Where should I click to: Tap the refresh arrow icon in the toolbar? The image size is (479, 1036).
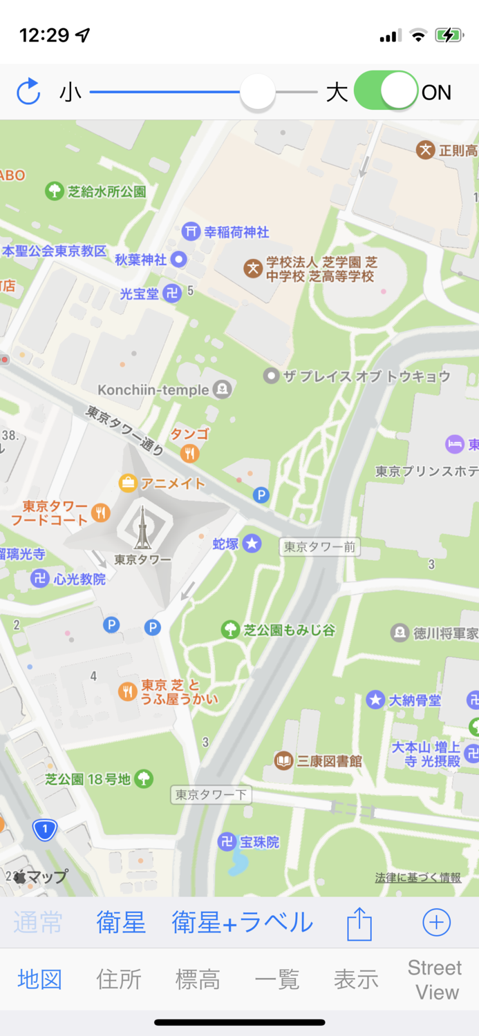click(28, 92)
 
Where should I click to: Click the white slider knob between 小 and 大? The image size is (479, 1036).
click(257, 92)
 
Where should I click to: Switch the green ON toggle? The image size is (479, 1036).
click(386, 91)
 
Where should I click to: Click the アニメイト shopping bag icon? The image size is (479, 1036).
click(128, 483)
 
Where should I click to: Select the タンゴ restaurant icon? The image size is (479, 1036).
click(190, 453)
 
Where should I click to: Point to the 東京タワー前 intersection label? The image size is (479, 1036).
click(319, 547)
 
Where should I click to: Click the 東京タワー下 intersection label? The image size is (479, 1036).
click(211, 795)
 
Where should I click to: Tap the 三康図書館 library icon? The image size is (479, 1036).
click(283, 761)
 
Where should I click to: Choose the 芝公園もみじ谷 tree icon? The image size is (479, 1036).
click(230, 629)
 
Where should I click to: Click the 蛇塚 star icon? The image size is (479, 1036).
click(252, 544)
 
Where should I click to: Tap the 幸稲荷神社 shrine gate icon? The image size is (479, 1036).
click(191, 231)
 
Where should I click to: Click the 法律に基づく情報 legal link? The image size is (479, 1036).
click(417, 877)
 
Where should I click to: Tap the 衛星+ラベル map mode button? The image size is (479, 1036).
click(242, 922)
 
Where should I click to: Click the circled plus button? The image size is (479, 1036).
click(436, 922)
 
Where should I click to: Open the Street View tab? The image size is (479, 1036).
click(434, 979)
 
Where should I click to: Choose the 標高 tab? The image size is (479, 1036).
click(198, 979)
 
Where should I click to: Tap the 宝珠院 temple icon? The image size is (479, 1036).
click(227, 842)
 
